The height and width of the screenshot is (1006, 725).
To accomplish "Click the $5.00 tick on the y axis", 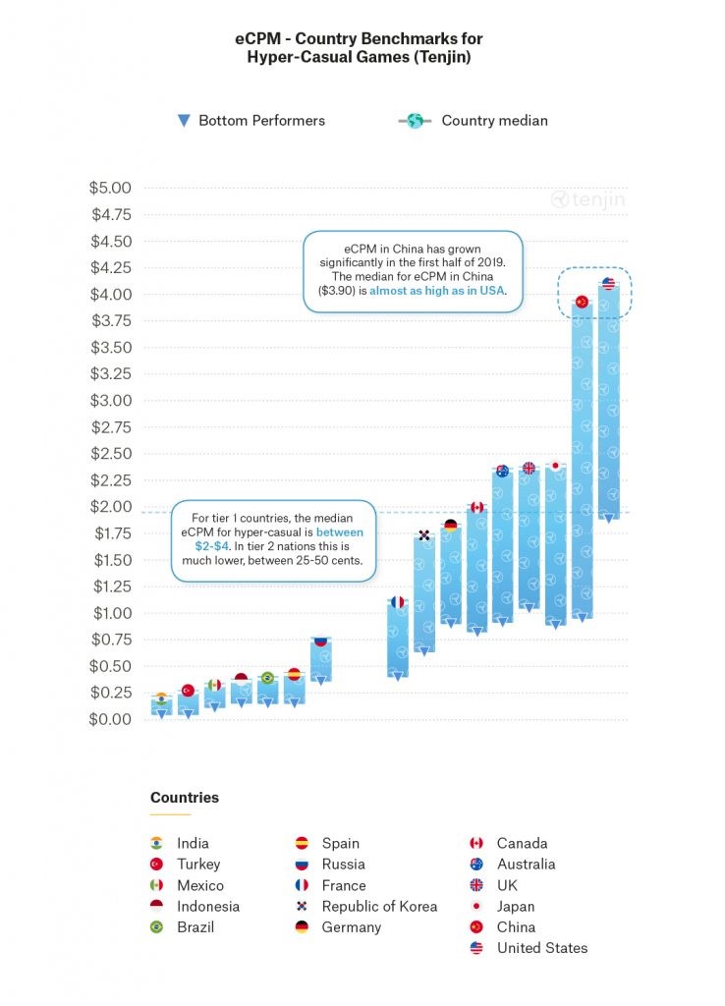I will click(110, 188).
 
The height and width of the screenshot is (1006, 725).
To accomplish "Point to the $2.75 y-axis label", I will click(110, 427).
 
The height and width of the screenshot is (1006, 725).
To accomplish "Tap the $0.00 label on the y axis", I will click(110, 719).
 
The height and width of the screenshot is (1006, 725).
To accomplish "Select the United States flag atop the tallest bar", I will click(608, 284).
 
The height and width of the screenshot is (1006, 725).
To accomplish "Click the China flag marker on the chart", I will click(581, 302).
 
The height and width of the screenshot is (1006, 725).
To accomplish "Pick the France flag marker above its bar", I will click(397, 602).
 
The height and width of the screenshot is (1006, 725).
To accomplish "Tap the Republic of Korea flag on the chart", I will click(423, 535).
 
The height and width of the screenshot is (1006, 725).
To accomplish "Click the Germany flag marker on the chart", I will click(451, 526).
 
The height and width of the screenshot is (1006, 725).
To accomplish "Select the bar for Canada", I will click(477, 570).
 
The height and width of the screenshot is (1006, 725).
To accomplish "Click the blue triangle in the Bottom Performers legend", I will click(183, 121).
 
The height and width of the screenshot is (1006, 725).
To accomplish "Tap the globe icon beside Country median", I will click(415, 121).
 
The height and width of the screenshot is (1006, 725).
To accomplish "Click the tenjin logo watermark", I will click(587, 199).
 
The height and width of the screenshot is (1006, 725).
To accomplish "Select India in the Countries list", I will click(193, 843).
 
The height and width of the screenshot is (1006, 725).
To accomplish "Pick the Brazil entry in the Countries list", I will click(195, 926).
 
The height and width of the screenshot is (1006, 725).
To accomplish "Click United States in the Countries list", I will click(541, 948).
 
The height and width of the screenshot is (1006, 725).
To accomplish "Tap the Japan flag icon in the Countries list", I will click(476, 906).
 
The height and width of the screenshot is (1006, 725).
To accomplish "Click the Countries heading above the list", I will click(185, 798).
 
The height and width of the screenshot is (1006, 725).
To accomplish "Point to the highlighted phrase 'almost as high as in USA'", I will click(437, 291).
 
